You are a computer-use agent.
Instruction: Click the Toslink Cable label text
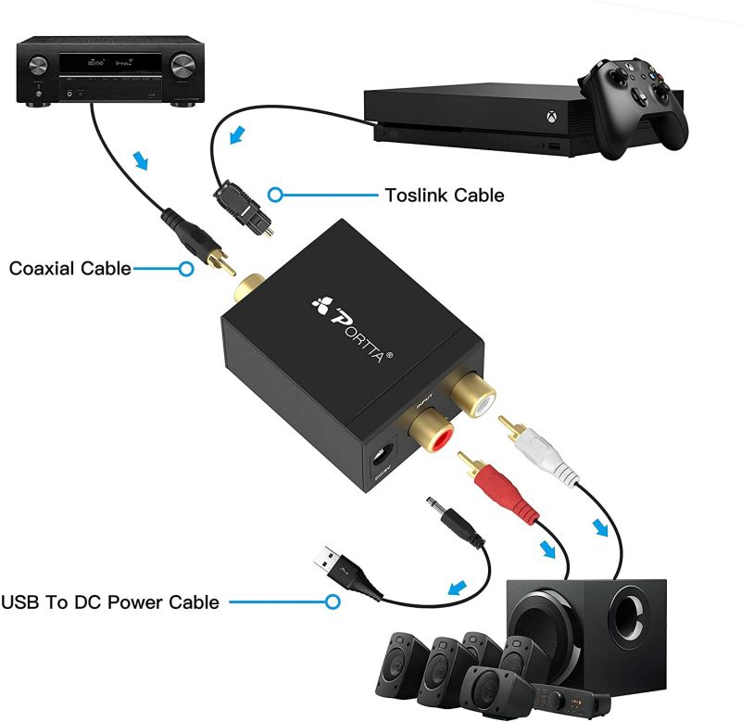click(x=444, y=195)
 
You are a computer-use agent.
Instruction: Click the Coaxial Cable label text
click(x=69, y=269)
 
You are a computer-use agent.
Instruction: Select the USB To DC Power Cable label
click(x=110, y=602)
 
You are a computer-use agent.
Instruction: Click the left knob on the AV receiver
click(x=40, y=67)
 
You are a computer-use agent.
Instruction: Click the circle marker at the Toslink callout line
click(x=275, y=195)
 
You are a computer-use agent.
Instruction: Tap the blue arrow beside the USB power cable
click(x=456, y=587)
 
